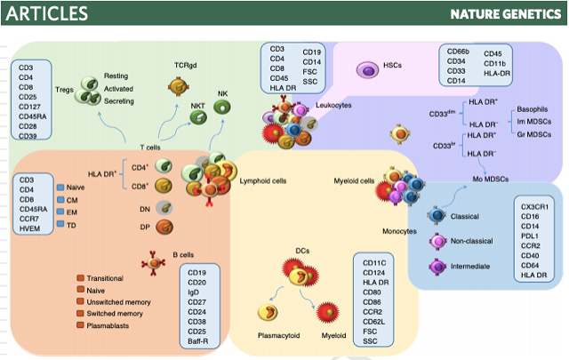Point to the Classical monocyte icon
(x=437, y=216)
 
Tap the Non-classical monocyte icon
(x=437, y=241)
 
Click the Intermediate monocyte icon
(x=437, y=266)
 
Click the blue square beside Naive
(x=60, y=188)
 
